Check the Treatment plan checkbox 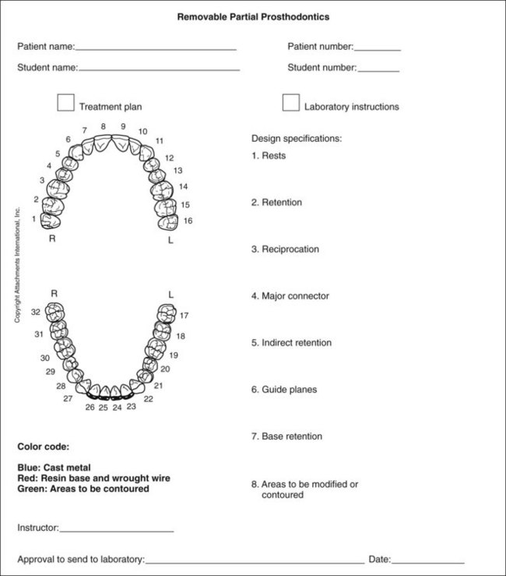66,103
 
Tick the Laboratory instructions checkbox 291,103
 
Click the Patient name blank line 156,49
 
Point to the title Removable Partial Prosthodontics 252,16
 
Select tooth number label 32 35,312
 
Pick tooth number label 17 184,316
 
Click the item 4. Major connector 290,296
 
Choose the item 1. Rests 269,156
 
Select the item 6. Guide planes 284,390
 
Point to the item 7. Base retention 286,436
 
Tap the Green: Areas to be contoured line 83,489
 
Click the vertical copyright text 16,265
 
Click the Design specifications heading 296,138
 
